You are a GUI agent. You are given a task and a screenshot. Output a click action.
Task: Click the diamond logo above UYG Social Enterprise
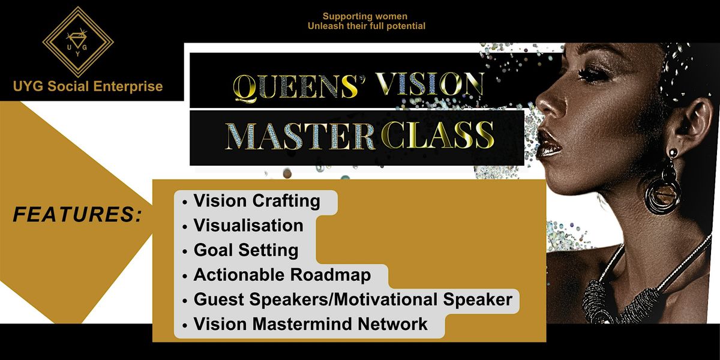[78, 42]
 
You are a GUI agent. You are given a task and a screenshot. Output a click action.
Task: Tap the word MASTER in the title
[301, 136]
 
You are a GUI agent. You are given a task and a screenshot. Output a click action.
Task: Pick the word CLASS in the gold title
[438, 135]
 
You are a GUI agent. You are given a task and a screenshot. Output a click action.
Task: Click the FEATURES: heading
[77, 214]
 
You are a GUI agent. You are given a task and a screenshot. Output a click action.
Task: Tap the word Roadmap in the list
[331, 275]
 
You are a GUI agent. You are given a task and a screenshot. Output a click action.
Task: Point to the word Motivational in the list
[386, 299]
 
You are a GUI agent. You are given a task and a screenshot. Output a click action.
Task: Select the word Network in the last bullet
[393, 324]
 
